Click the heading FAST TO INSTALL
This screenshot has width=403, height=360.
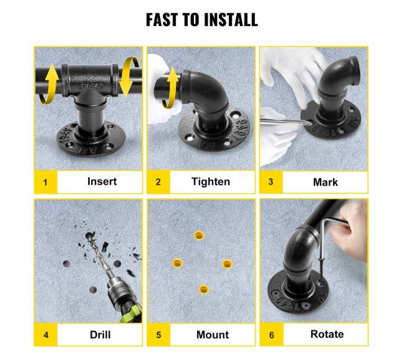[201, 19]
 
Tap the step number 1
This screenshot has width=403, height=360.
[45, 183]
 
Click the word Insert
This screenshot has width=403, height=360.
[102, 182]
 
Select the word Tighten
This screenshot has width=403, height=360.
[211, 182]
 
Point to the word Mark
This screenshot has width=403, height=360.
[325, 182]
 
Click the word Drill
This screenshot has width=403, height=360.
[100, 335]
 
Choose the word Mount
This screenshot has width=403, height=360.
[213, 335]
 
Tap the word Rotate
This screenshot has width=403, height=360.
[327, 334]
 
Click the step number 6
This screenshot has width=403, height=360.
[272, 335]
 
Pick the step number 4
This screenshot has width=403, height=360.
[46, 335]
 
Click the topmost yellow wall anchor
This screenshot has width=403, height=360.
[199, 235]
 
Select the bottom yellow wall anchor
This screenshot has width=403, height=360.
[204, 289]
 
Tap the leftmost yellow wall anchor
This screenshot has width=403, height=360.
[177, 263]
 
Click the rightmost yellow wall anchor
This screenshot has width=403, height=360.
[227, 264]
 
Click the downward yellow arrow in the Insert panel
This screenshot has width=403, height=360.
[130, 76]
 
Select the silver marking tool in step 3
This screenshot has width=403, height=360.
[286, 121]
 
